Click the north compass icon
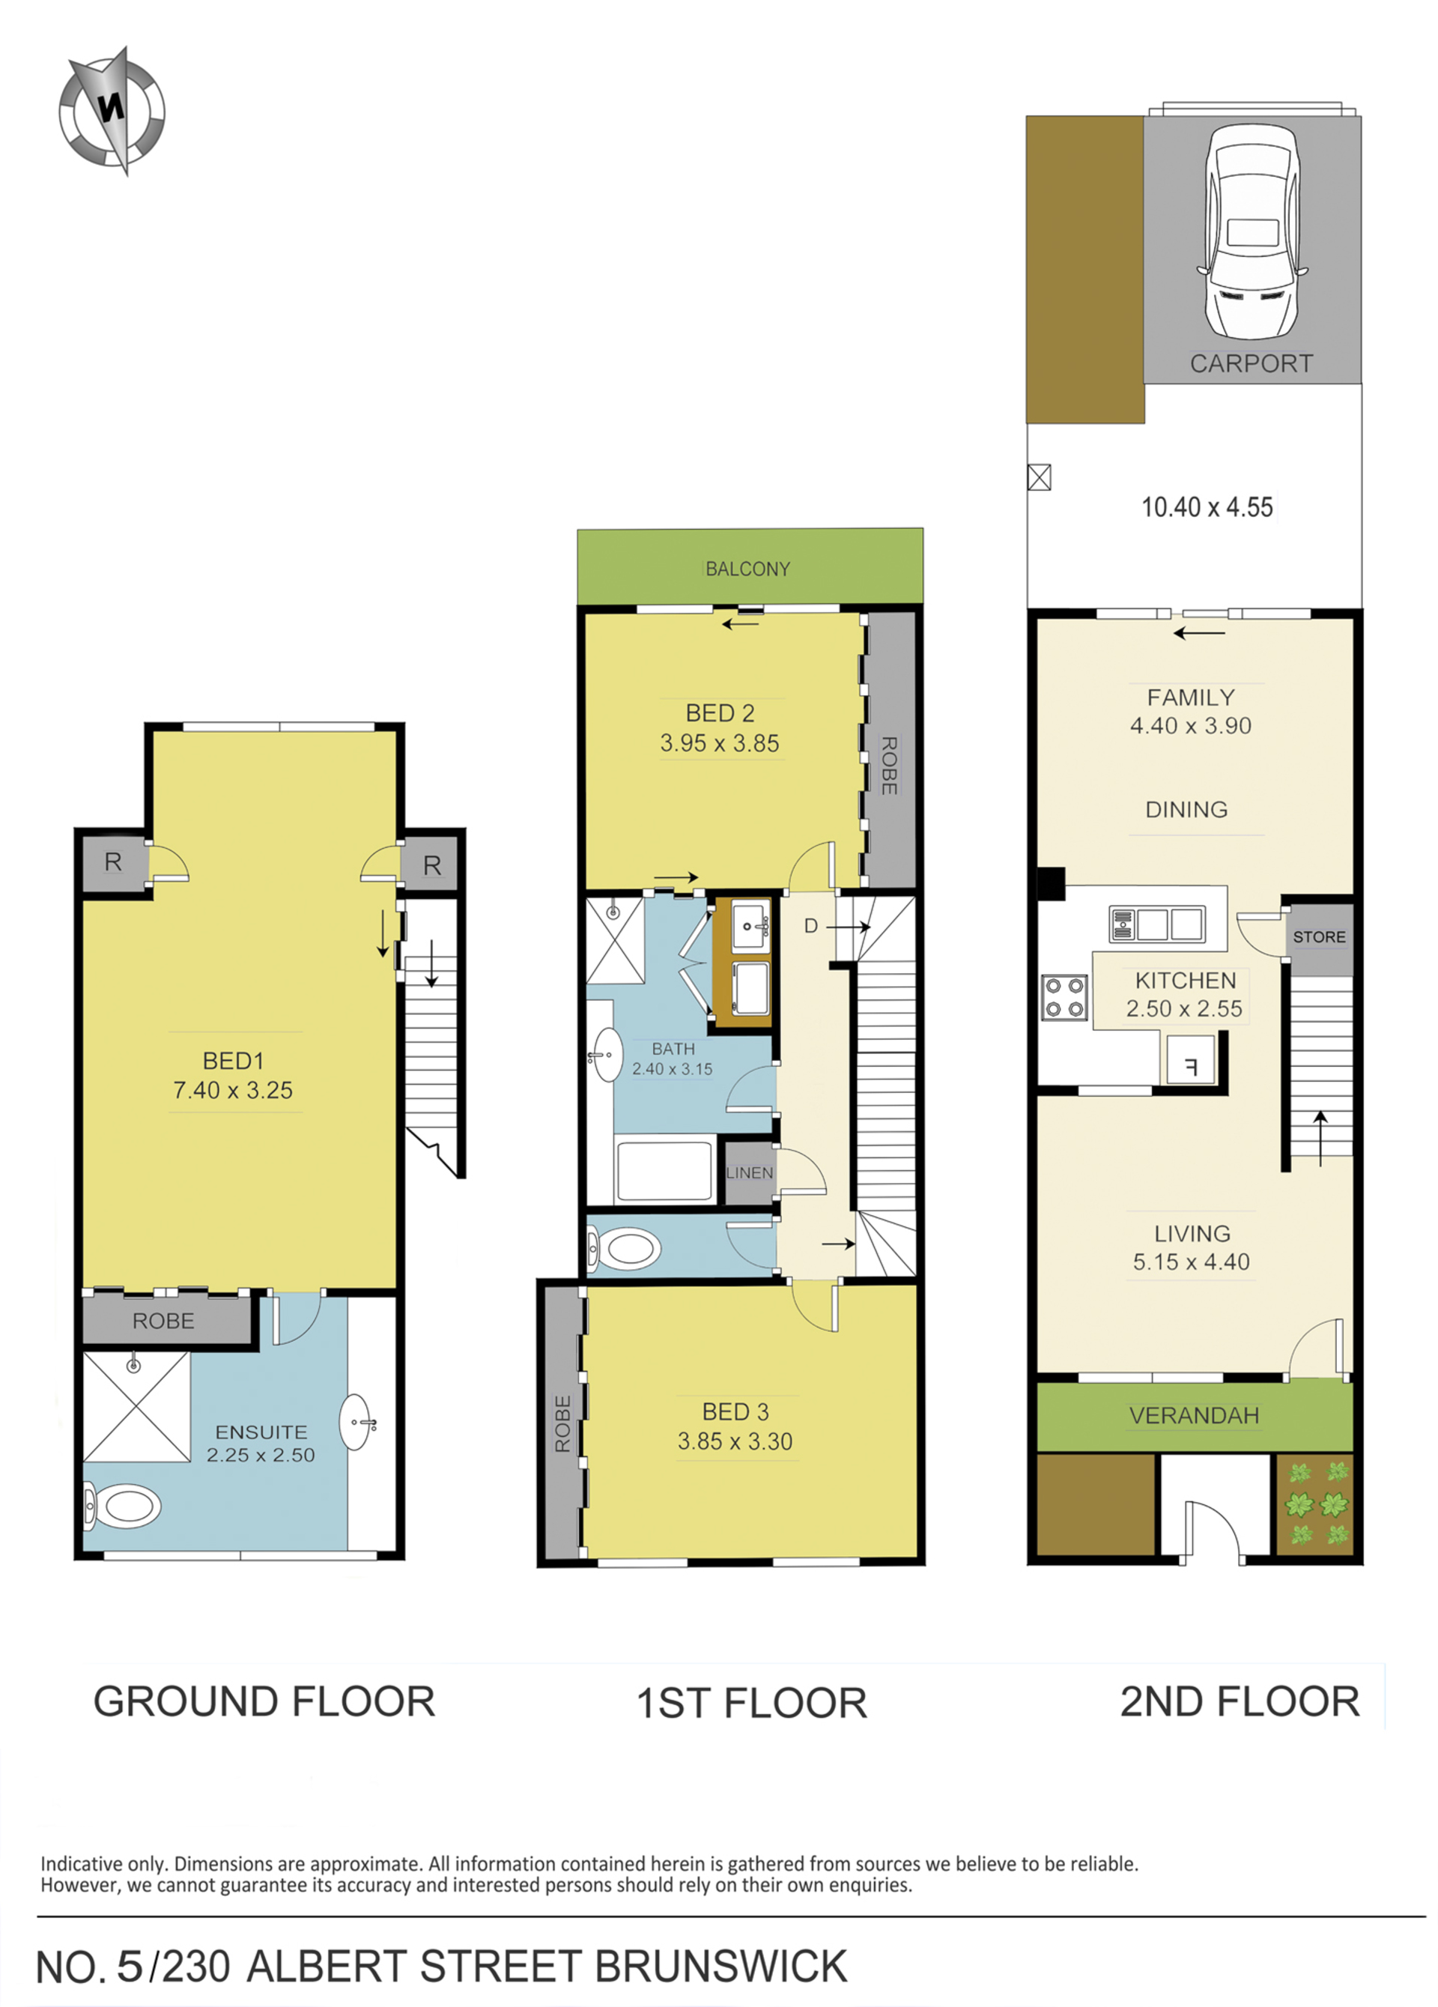[x=112, y=112]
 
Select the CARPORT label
[x=1251, y=363]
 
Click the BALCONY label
[x=747, y=569]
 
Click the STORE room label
[x=1318, y=937]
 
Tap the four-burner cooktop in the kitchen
[x=1064, y=997]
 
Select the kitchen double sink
[x=1157, y=924]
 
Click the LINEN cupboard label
[x=750, y=1172]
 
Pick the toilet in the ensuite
[x=123, y=1505]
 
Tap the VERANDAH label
[x=1194, y=1416]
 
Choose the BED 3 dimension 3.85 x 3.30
[x=735, y=1441]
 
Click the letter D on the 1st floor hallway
[x=810, y=927]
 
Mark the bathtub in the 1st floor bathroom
[x=664, y=1171]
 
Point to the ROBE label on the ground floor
[x=163, y=1322]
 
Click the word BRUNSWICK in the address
[x=720, y=1967]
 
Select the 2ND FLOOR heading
[x=1240, y=1701]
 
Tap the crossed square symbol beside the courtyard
[x=1039, y=478]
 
